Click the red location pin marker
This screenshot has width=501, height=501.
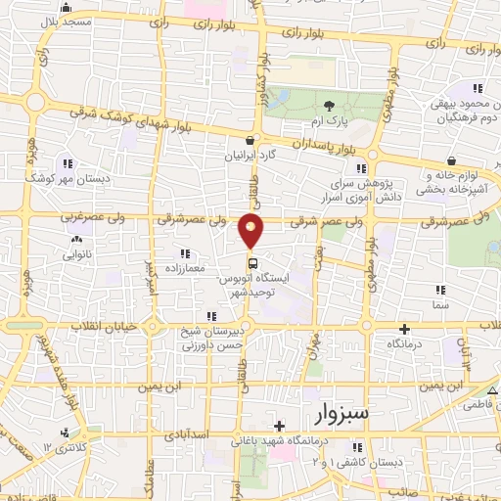point(252,231)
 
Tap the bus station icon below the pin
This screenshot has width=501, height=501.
point(252,262)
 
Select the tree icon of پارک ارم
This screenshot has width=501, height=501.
point(329,105)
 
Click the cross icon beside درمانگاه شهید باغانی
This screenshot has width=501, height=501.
point(280,427)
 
